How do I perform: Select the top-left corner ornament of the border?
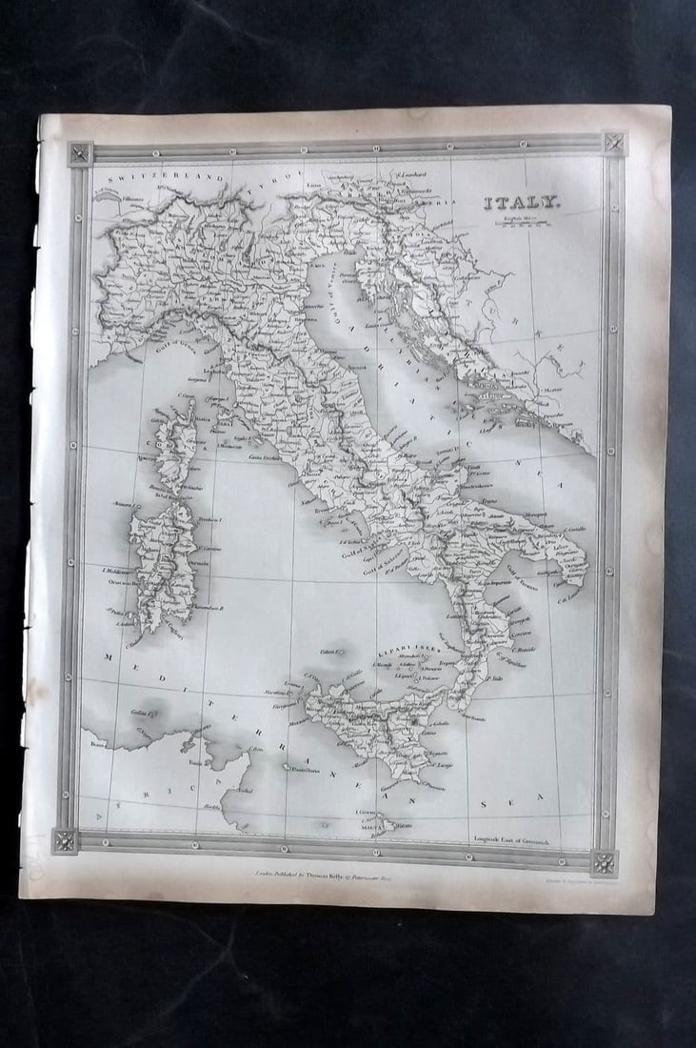(80, 154)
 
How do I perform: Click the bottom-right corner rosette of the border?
(604, 862)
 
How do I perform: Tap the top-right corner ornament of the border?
(613, 144)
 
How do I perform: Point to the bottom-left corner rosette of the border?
(65, 841)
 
